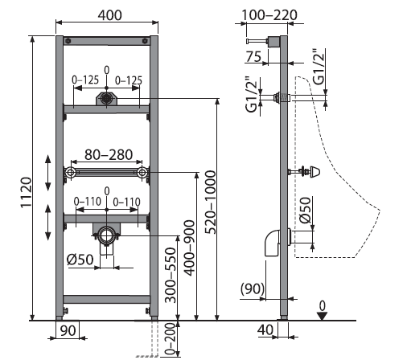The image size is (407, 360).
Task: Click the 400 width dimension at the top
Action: coord(109,15)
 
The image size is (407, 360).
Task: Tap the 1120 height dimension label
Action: coord(27,192)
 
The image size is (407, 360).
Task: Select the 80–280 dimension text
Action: coord(109,154)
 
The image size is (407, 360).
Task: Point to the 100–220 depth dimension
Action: coord(269,15)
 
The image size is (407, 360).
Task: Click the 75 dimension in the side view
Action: coord(253,56)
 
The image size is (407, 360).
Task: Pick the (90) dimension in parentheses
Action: coord(253,288)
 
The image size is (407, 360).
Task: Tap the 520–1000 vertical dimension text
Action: coord(211,202)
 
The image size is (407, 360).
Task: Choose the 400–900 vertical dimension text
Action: coord(190,247)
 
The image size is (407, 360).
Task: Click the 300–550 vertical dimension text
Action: coord(171,275)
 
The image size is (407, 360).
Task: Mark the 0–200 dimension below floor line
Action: coord(171,340)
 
